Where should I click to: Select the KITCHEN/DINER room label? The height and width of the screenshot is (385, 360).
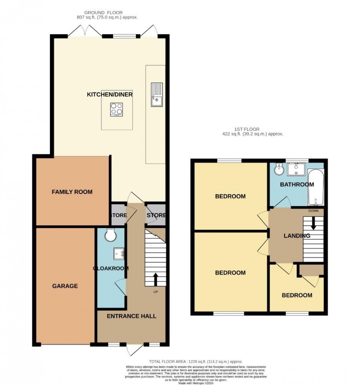tap(109, 94)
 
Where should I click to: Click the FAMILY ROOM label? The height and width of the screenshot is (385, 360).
tap(72, 192)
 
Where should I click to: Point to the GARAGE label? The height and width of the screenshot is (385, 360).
tap(65, 286)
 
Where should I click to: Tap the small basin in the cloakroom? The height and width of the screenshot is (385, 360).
tap(119, 252)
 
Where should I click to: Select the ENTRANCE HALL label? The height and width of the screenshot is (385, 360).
tap(132, 316)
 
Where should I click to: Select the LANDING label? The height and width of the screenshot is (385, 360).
tap(297, 236)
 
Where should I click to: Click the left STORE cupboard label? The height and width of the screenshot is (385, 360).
tap(119, 215)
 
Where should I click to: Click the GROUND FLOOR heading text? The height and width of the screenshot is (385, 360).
tap(104, 12)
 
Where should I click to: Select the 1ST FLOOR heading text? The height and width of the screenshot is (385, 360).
tap(247, 129)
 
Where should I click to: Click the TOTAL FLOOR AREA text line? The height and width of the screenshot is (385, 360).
tap(195, 362)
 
